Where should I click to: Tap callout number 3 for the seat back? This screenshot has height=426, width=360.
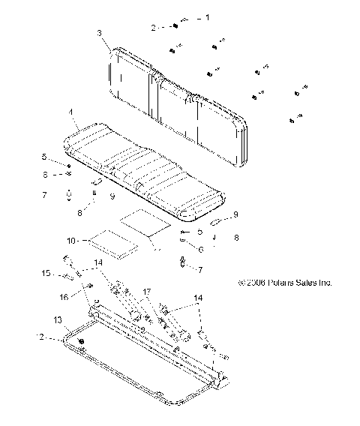(99, 33)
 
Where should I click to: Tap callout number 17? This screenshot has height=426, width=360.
(148, 290)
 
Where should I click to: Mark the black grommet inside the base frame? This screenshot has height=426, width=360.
(81, 343)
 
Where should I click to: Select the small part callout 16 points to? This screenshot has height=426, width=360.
(89, 287)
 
